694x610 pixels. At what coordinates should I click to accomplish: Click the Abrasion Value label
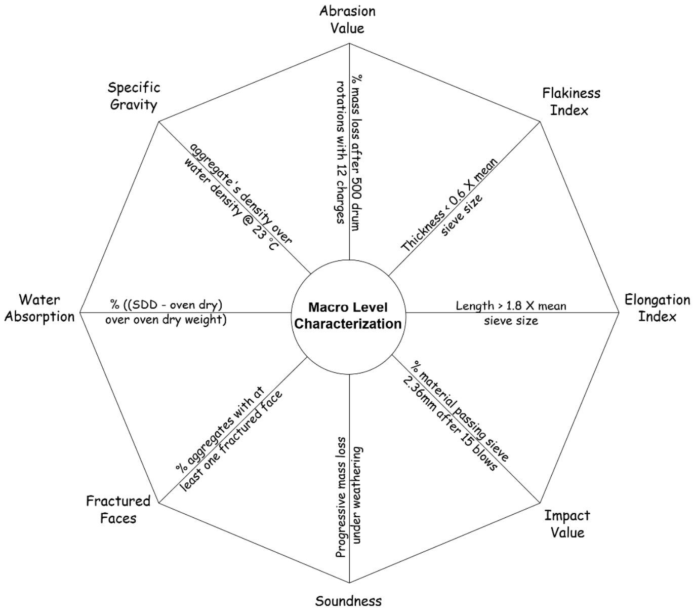tap(347, 19)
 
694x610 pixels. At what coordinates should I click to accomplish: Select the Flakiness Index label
tap(571, 101)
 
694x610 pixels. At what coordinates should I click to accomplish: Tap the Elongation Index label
tap(657, 308)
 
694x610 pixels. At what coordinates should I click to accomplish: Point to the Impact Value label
tap(567, 524)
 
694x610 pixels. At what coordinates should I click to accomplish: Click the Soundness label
tap(348, 601)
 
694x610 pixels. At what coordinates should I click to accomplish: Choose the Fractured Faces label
tap(118, 510)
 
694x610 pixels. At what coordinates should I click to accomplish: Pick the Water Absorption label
tap(39, 308)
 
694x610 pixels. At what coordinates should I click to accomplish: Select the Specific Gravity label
tap(134, 96)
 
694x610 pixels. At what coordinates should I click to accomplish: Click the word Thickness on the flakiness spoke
tap(423, 232)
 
